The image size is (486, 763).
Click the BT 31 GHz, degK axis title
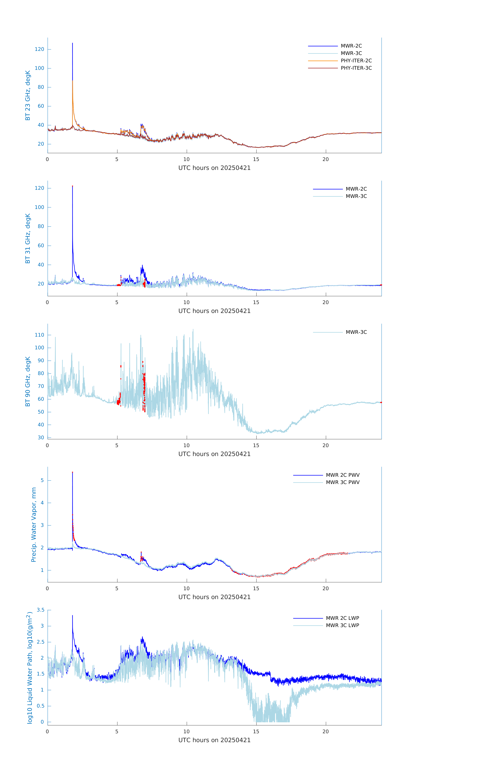[28, 238]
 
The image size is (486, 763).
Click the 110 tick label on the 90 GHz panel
[40, 335]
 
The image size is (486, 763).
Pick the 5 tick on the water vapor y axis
[42, 480]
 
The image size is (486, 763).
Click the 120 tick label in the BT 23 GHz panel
[40, 49]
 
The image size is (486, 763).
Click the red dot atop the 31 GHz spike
[73, 186]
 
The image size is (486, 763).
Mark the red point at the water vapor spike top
[73, 472]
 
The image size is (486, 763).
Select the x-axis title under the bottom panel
[214, 740]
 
